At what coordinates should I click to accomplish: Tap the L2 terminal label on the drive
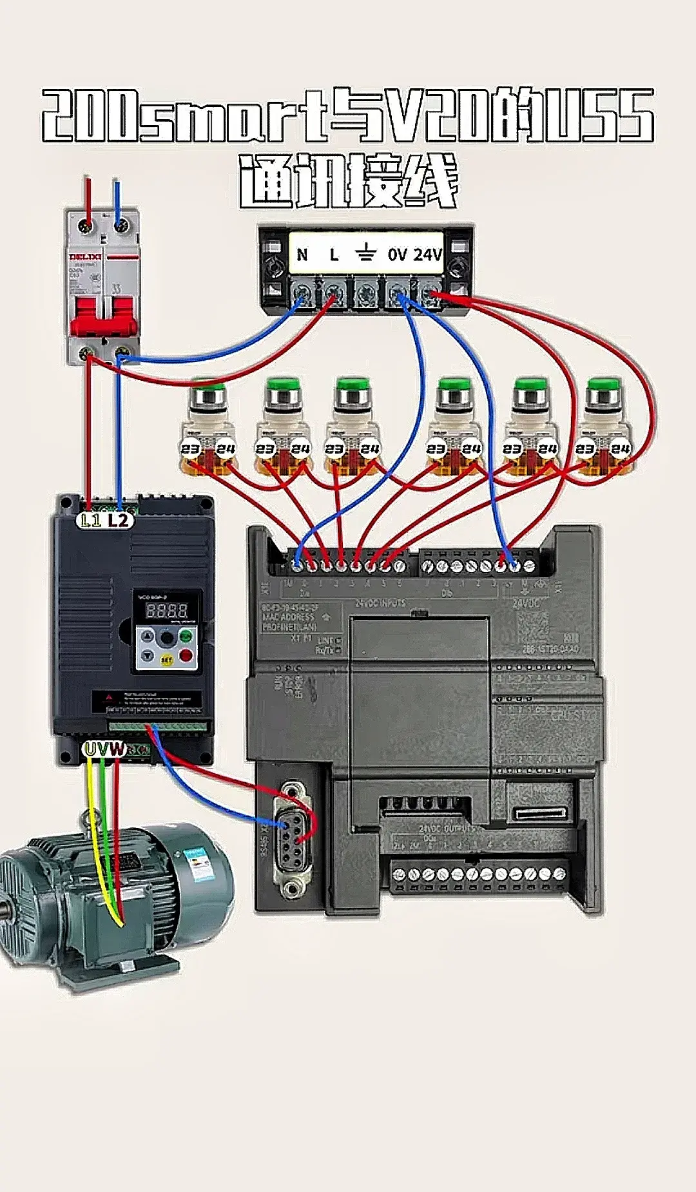[119, 520]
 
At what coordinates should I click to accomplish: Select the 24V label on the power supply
[427, 255]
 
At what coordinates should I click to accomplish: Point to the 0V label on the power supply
[397, 255]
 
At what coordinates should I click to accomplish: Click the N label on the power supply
[302, 255]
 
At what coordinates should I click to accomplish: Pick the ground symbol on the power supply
[365, 253]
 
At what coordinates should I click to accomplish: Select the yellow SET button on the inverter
[166, 660]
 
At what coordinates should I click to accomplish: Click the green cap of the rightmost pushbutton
[604, 387]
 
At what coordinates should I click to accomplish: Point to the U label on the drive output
[90, 749]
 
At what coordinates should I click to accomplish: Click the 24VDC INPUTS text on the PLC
[380, 603]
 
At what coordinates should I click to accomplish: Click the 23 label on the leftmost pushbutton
[191, 448]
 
